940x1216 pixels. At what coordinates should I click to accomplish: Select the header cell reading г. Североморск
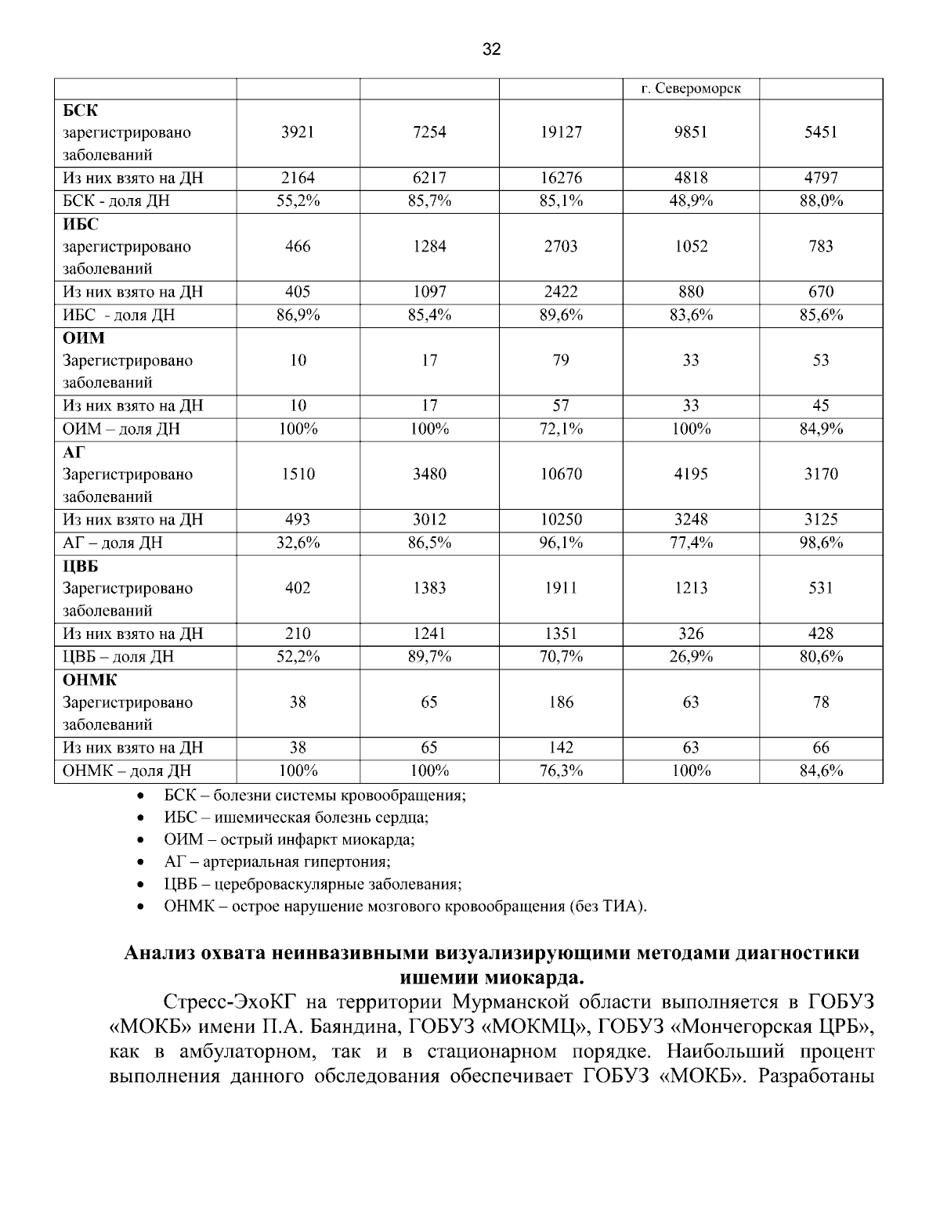pos(690,88)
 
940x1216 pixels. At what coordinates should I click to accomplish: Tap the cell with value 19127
pos(561,132)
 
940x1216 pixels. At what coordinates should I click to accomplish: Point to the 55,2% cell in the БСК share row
pos(298,201)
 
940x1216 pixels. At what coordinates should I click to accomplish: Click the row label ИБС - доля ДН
pos(118,316)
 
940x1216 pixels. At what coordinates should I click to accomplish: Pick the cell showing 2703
pos(561,247)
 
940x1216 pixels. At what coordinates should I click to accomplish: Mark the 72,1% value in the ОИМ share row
pos(561,429)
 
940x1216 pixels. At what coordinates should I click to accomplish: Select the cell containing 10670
pos(561,474)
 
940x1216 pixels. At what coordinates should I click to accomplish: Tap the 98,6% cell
pos(820,543)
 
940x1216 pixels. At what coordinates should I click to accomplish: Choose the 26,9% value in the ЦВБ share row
pos(690,657)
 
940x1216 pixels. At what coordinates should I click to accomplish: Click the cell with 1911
pos(561,588)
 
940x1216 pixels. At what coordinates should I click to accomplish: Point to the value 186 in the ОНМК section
pos(561,702)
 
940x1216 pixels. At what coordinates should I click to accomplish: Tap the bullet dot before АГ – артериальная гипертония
pos(139,863)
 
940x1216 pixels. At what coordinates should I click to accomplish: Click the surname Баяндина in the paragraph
pos(351,1026)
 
